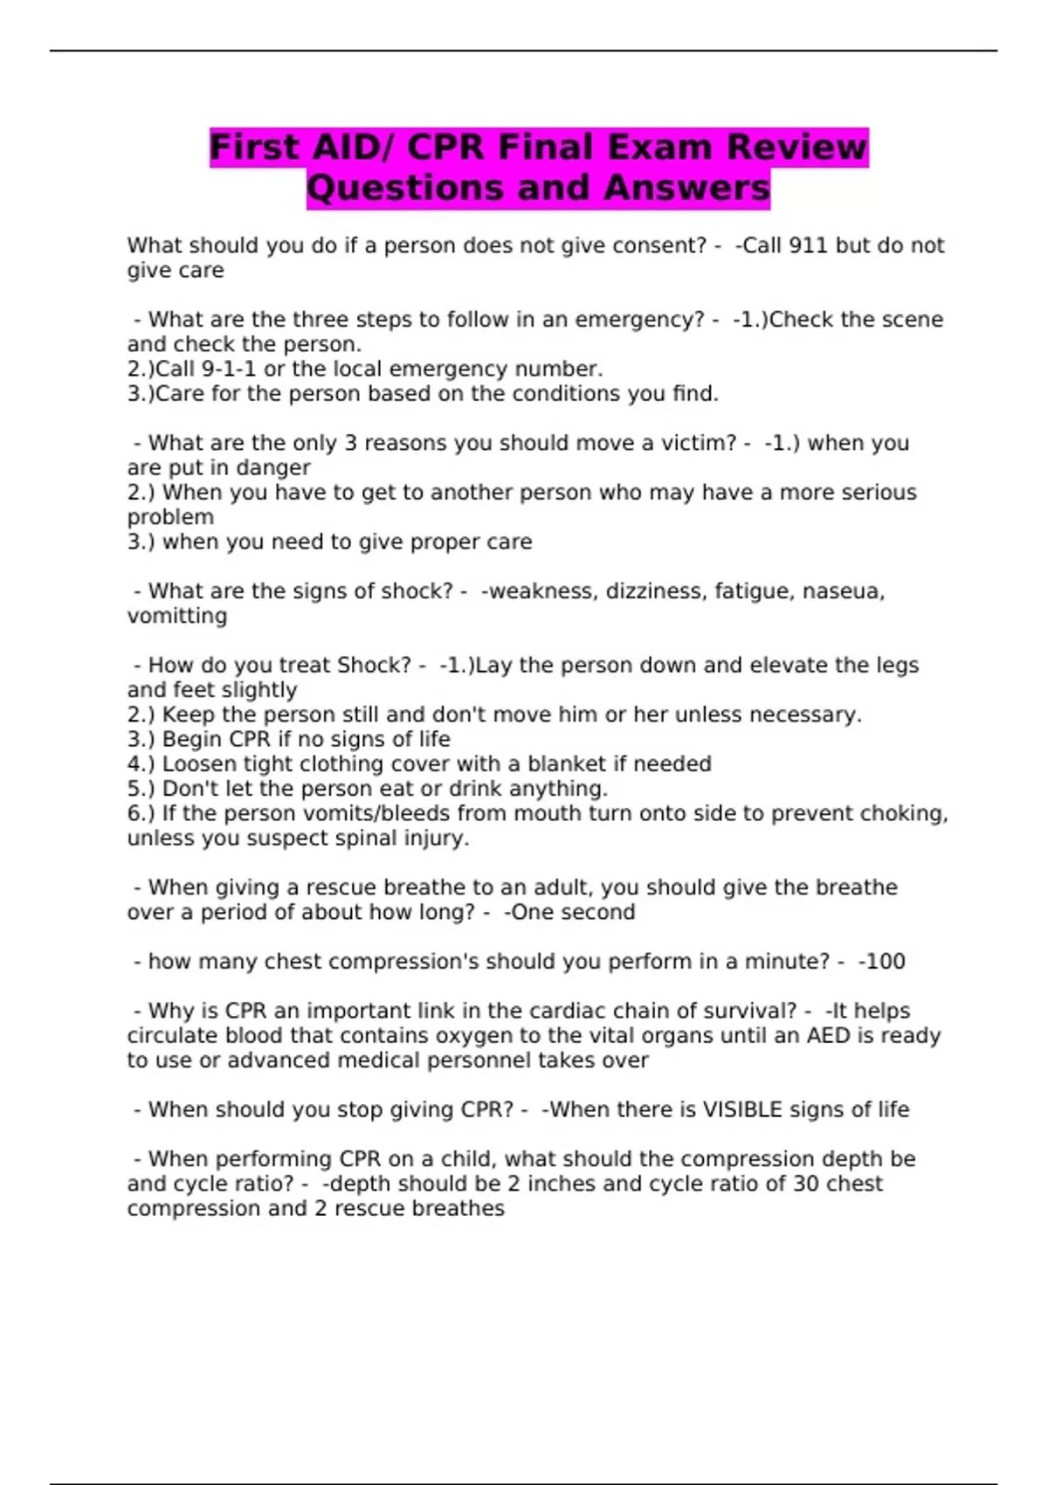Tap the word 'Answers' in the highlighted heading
coord(687,188)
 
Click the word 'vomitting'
coord(177,616)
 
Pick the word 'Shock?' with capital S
coord(374,665)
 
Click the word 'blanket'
coord(566,763)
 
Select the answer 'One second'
coord(573,912)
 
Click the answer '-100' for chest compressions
coord(882,962)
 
